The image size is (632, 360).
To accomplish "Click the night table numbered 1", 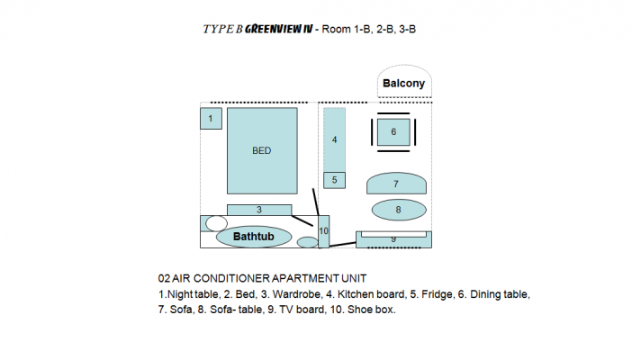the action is click(211, 119).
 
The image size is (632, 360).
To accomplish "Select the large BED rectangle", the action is click(262, 151).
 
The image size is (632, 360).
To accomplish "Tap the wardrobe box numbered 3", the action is click(259, 210).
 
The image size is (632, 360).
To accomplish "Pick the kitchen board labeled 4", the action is click(335, 139).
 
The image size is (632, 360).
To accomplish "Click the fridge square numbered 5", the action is click(335, 180).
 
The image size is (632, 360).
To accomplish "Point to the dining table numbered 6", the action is click(393, 131).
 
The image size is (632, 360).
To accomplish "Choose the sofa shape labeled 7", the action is click(396, 184).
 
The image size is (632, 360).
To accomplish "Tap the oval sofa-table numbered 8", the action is click(399, 210).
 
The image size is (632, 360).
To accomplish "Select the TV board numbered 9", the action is click(393, 240).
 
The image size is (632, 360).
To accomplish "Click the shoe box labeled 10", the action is click(324, 231).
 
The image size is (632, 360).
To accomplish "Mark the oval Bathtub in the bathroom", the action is click(254, 237).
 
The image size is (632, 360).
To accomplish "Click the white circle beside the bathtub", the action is click(216, 223).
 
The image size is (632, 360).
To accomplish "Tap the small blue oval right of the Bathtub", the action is click(308, 242).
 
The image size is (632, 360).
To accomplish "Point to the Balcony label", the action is click(404, 84).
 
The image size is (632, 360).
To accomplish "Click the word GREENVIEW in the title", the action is click(273, 29).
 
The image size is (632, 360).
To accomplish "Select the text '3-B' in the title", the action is click(408, 30).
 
